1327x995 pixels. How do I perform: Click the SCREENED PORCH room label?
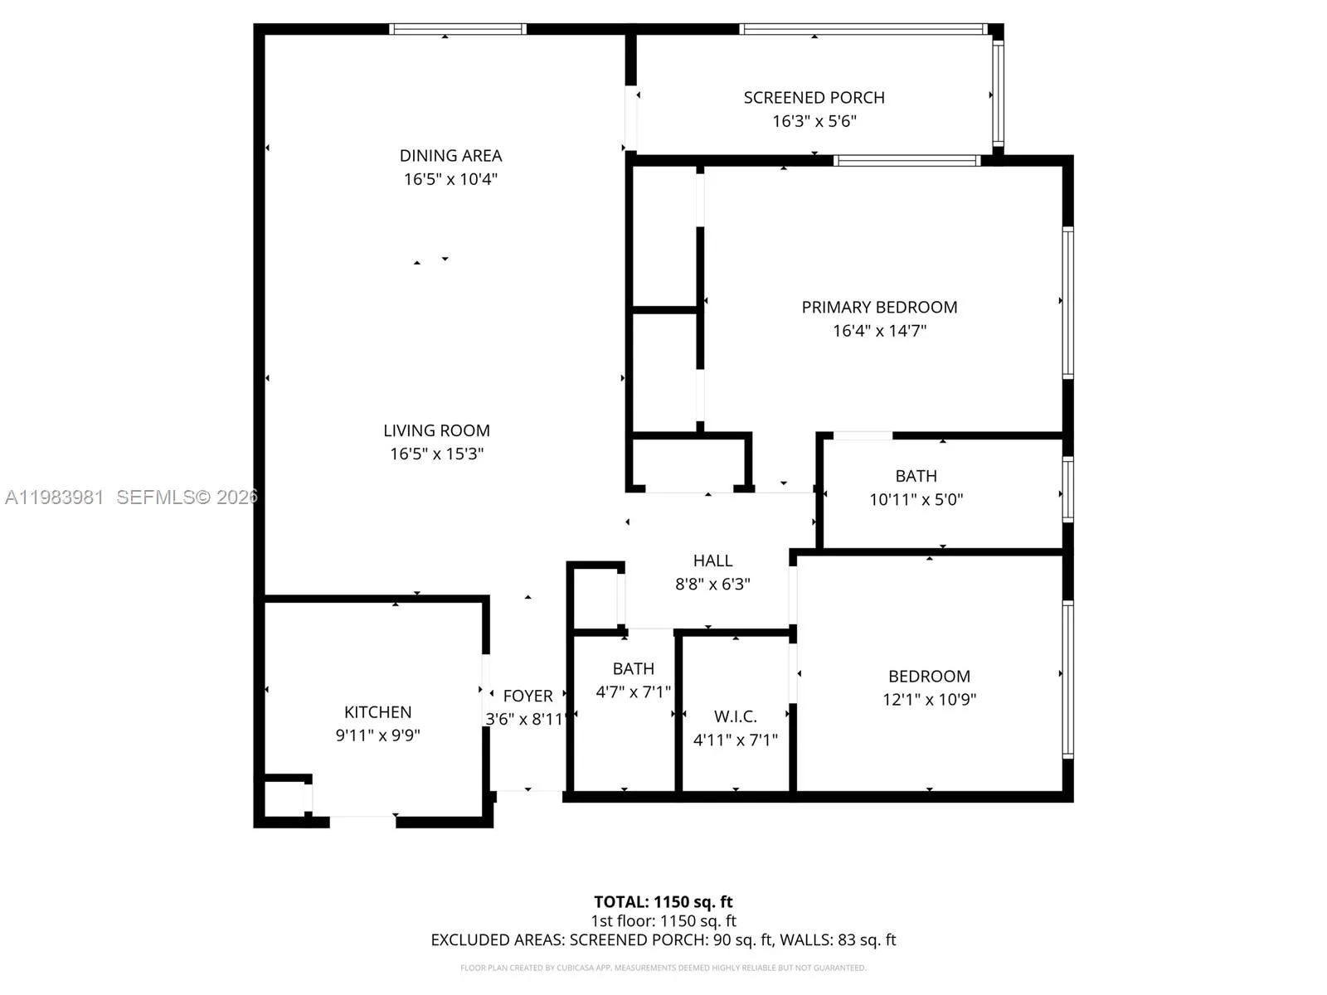[814, 98]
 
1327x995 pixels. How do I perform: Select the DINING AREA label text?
[450, 156]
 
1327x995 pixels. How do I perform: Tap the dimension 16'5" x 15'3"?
[436, 454]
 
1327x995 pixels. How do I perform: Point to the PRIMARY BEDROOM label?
[879, 308]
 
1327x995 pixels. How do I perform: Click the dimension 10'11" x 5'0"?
[916, 500]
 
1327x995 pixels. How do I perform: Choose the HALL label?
[712, 561]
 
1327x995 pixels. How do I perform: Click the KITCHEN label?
[377, 712]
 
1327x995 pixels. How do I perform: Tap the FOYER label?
[527, 696]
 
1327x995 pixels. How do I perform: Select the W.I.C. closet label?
[735, 717]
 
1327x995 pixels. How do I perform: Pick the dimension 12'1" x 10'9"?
[929, 700]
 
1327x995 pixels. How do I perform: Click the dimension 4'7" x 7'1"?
[633, 692]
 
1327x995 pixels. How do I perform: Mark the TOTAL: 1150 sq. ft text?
[663, 902]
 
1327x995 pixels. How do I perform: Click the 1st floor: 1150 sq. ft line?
[663, 921]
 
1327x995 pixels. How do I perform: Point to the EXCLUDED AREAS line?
[663, 940]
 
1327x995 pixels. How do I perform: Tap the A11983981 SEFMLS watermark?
[131, 498]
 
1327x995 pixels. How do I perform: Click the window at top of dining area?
[458, 29]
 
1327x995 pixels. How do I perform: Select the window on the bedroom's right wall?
[1068, 680]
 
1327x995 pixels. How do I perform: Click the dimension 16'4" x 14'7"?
[879, 331]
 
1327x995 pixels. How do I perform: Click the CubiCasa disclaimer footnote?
[663, 968]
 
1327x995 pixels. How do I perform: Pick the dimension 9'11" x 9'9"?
[377, 735]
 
